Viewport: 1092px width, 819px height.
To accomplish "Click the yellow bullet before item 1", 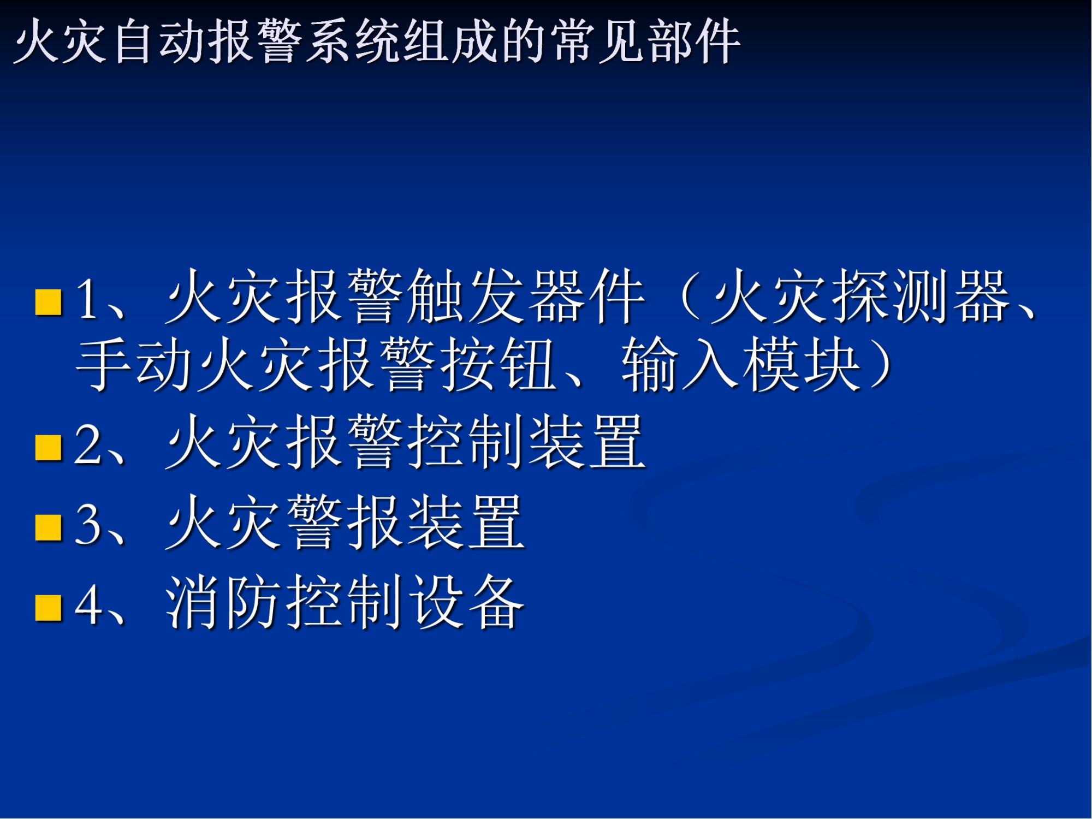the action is click(48, 302).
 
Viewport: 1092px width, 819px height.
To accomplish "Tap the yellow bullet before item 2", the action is click(48, 448).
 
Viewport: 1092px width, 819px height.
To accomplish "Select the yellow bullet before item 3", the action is click(48, 527).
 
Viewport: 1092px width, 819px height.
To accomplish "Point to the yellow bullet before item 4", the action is click(48, 607).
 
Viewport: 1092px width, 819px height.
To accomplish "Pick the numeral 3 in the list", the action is click(88, 524).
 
